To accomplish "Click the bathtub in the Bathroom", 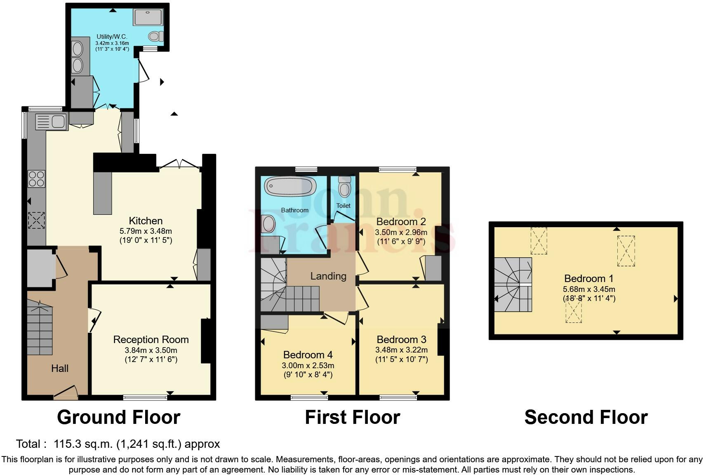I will click(290, 186).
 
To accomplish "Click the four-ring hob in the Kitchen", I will click(36, 179).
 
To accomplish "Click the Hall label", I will click(60, 368).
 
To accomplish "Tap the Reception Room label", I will click(151, 339).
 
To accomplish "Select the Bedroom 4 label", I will click(308, 355).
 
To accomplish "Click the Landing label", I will click(328, 276).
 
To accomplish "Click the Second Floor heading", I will click(586, 417).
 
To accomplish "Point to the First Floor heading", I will click(352, 417).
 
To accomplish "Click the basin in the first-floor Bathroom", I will click(268, 224).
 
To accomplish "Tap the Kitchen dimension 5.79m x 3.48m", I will click(146, 231).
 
